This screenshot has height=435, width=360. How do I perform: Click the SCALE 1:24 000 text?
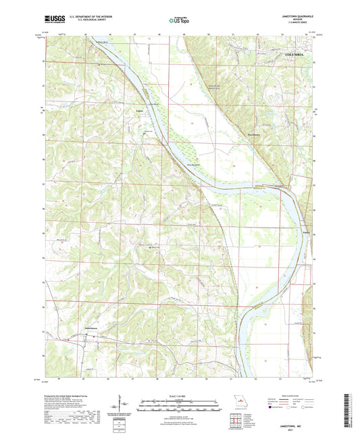(180, 396)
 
